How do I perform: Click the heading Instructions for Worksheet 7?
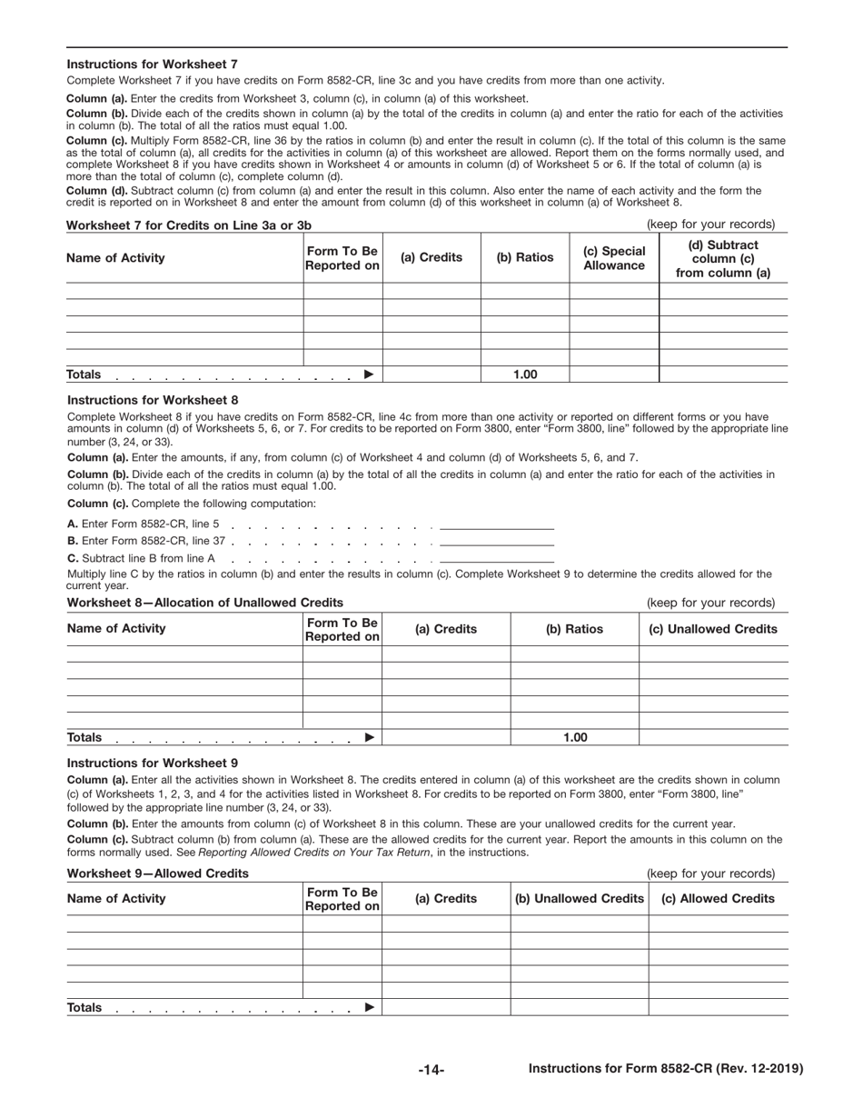click(x=153, y=65)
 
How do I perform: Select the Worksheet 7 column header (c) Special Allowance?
click(x=614, y=258)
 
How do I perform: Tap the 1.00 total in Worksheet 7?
click(x=524, y=374)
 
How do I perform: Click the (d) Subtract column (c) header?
click(x=723, y=258)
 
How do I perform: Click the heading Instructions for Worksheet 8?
click(x=153, y=400)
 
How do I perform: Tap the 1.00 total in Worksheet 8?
click(x=574, y=737)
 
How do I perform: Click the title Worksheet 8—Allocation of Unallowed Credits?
click(x=205, y=603)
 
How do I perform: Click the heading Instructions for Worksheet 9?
click(x=153, y=764)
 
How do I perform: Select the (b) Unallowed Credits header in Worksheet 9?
click(x=579, y=899)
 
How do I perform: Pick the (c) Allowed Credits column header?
click(x=718, y=899)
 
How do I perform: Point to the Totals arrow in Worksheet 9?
click(x=368, y=1007)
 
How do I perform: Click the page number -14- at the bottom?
click(x=431, y=1071)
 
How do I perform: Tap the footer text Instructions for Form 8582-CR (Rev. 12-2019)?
click(x=665, y=1070)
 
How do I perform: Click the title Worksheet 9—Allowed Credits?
click(x=158, y=873)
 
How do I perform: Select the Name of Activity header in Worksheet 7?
click(x=116, y=258)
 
